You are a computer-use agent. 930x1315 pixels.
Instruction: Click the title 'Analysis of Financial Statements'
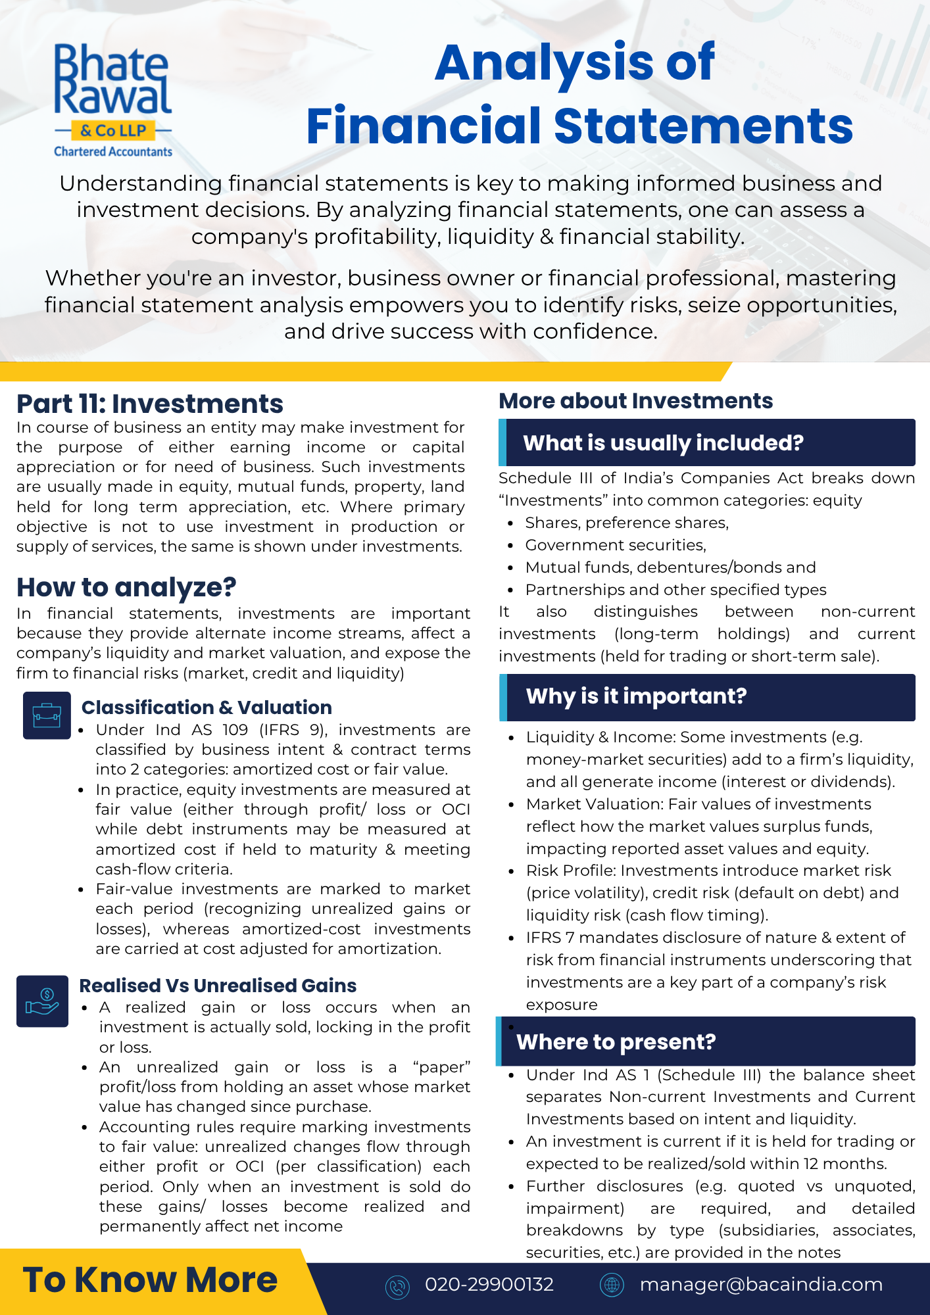coord(578,93)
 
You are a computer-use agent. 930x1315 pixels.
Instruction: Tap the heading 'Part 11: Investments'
coord(149,404)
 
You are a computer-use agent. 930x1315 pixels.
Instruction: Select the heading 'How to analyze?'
coord(126,587)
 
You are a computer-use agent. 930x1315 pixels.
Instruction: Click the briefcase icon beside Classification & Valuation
coord(47,715)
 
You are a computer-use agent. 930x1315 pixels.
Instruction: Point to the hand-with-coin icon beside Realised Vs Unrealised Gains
coord(42,1001)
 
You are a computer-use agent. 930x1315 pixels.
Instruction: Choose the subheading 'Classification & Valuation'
coord(207,707)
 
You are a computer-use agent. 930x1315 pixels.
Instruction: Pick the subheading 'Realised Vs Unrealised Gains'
coord(218,986)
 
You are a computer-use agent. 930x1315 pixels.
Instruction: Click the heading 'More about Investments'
coord(635,400)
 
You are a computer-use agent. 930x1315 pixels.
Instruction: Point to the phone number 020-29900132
coord(489,1284)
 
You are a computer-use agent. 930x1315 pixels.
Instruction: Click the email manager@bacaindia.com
coord(761,1284)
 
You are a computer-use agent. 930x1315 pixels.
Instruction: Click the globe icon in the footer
coord(612,1285)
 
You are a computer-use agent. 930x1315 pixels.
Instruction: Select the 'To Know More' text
coord(150,1280)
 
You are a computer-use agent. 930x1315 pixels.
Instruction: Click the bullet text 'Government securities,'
coord(616,545)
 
